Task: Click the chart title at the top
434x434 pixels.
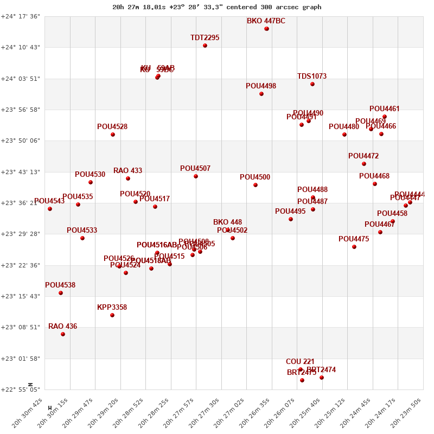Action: (216, 7)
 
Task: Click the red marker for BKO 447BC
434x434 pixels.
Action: (266, 29)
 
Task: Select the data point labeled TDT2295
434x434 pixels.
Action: (205, 46)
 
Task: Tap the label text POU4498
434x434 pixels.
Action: (261, 86)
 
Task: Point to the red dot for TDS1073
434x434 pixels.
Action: (312, 84)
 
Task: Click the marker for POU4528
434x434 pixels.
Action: (113, 135)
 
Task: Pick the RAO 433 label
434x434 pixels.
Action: (128, 171)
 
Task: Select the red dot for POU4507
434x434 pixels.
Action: (196, 176)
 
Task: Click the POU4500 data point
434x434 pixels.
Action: (256, 185)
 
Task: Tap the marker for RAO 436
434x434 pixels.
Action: (63, 334)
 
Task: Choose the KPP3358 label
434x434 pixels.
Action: (112, 308)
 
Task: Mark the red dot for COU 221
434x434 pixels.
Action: (301, 369)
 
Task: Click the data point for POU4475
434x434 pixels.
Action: (354, 247)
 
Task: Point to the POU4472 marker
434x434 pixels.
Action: (364, 164)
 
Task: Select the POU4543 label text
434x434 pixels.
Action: (49, 201)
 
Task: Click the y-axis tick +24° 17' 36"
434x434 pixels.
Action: (21, 16)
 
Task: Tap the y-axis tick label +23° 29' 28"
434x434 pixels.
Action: (21, 234)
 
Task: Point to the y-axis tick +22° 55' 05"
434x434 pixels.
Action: (21, 390)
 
